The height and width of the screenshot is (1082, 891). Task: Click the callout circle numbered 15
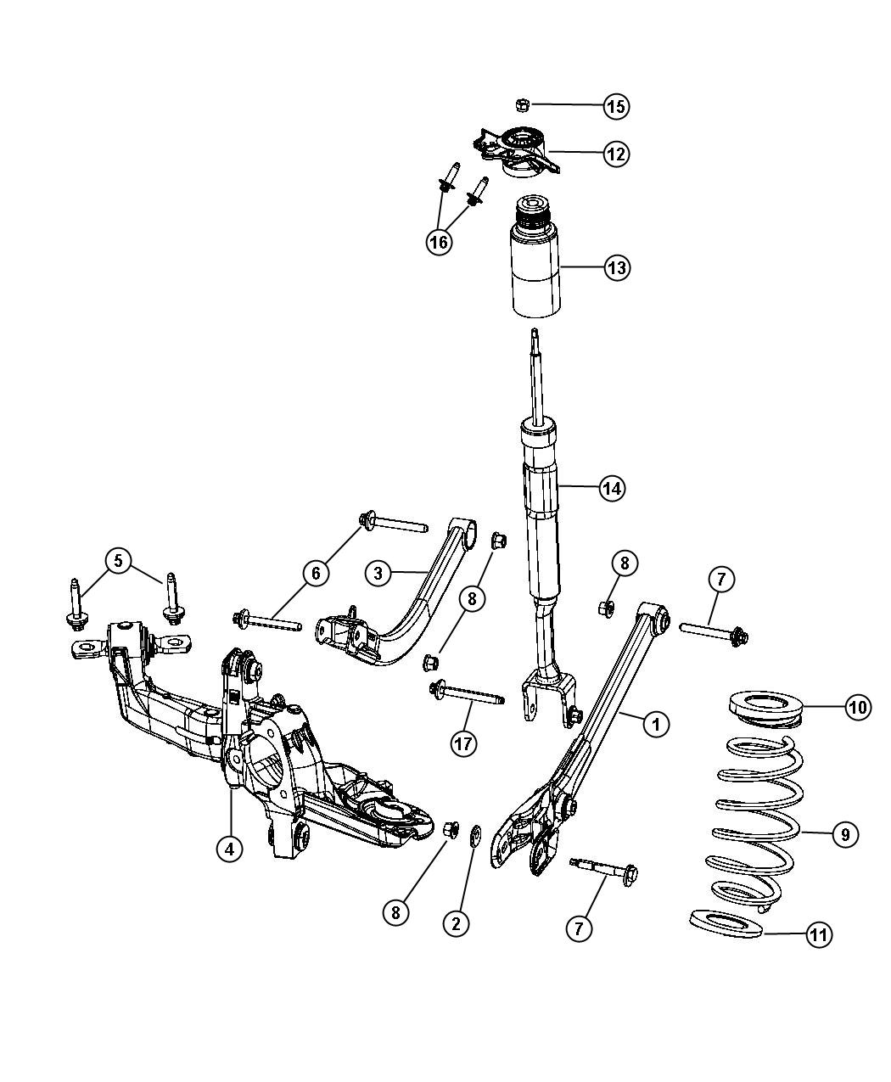617,106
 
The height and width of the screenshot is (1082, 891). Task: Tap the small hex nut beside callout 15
522,104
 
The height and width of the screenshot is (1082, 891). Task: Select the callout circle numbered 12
616,154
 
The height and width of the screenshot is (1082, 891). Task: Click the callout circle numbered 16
439,242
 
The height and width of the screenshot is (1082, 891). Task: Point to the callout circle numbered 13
617,268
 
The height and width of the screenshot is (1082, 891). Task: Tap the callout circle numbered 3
378,573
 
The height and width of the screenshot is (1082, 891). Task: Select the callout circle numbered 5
119,560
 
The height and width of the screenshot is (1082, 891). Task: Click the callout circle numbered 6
316,575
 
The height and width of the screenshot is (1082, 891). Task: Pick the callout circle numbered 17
463,743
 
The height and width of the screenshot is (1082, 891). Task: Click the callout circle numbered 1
654,724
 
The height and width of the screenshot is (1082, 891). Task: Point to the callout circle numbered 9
843,834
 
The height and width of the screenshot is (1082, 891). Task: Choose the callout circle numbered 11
818,935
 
